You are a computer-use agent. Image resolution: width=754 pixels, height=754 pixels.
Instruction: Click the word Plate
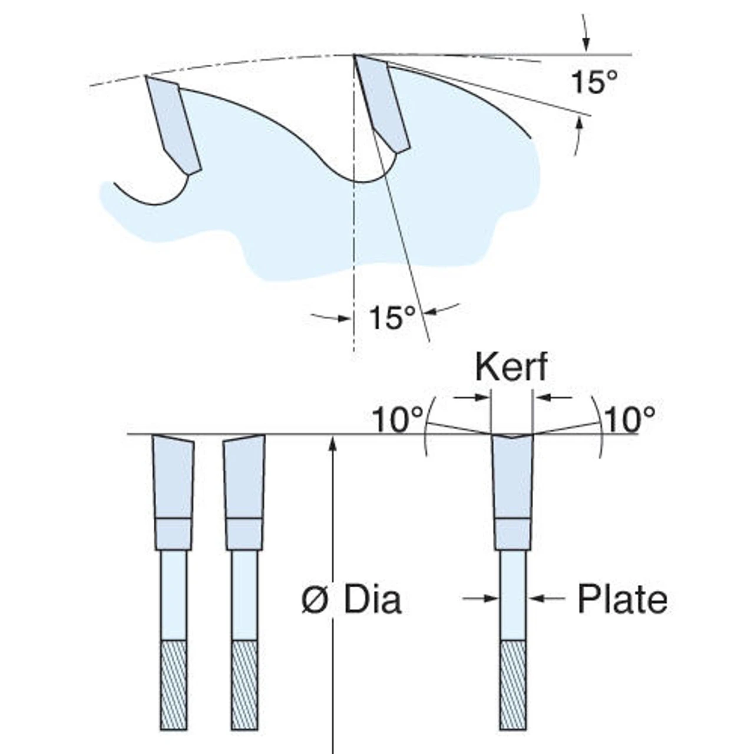coord(622,599)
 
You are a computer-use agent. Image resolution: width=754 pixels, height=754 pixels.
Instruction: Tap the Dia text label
coord(373,600)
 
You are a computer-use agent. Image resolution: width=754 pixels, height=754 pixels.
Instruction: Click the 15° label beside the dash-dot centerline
coord(392,318)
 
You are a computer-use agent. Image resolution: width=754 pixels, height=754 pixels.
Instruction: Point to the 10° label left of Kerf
coord(398,419)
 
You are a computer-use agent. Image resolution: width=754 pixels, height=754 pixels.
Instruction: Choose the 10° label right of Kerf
coord(630,419)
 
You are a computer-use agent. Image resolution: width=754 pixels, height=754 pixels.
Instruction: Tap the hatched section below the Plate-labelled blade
coord(513,684)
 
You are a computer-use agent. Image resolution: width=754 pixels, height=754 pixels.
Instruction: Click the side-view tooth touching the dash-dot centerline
coord(382,104)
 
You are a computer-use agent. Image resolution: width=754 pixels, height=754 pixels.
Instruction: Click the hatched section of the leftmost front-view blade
coord(174,684)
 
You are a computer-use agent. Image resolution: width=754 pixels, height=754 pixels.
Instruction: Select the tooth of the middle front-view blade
coord(244,477)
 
